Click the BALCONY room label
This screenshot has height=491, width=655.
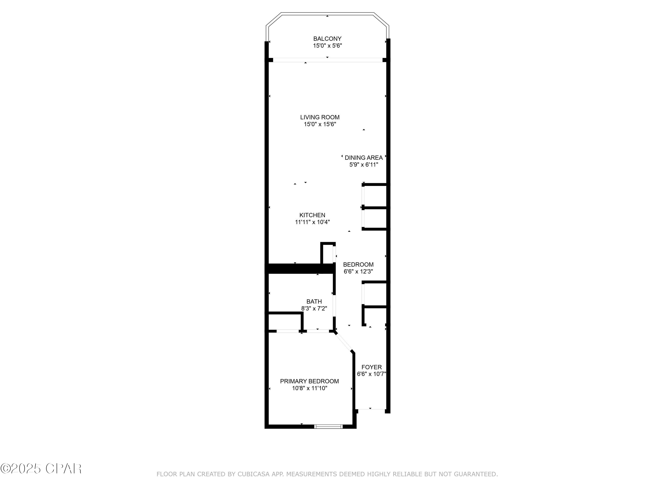[x=327, y=39]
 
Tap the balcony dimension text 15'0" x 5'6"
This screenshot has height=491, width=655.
[x=327, y=46]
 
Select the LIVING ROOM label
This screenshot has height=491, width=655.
[x=320, y=117]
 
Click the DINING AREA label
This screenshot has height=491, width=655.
[x=364, y=158]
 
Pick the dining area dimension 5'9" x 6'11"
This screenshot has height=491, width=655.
[x=364, y=165]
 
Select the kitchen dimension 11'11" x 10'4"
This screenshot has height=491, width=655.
[x=312, y=222]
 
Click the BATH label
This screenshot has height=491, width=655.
[x=314, y=302]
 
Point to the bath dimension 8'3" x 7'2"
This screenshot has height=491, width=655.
[x=314, y=308]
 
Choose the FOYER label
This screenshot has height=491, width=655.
[x=372, y=367]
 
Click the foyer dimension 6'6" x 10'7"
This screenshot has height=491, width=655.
[x=372, y=374]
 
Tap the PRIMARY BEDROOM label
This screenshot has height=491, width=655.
[x=309, y=381]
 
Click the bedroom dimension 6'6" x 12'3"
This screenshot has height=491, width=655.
[x=358, y=271]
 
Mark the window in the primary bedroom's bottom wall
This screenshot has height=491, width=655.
[x=328, y=426]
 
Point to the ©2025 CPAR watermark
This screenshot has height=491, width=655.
[x=41, y=469]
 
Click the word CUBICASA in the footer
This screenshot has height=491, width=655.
[x=253, y=474]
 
